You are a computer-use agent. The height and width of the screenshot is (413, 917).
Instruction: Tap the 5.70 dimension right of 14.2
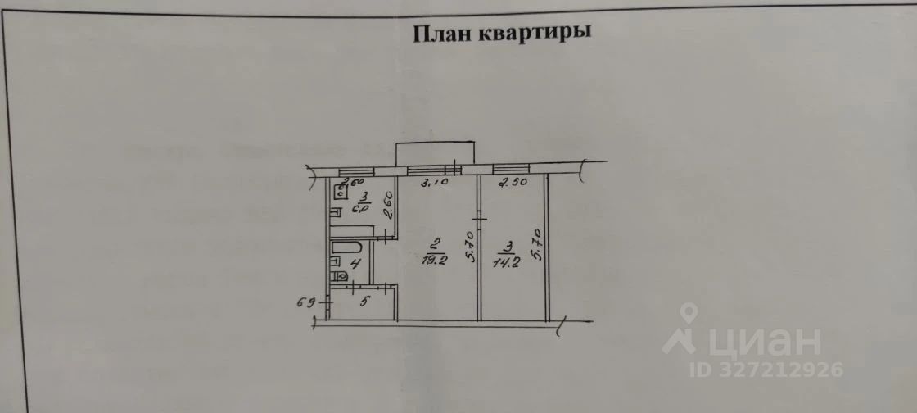[535, 243]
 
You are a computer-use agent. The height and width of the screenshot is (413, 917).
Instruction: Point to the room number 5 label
[365, 301]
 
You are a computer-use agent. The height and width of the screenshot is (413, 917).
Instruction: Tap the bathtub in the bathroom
[348, 247]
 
